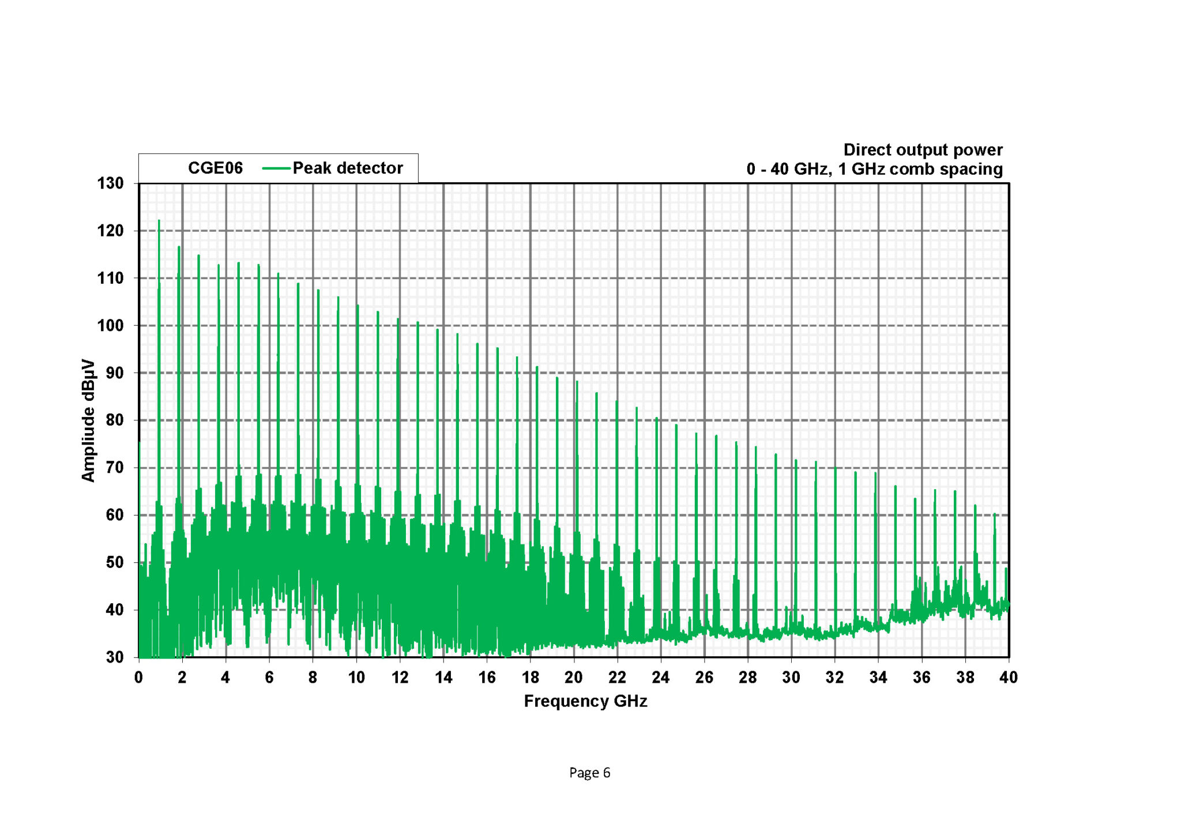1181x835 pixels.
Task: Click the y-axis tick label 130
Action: tap(110, 183)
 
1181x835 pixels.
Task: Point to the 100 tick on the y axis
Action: tap(110, 325)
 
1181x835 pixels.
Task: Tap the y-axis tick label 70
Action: tap(115, 468)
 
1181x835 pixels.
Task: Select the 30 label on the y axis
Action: tap(115, 657)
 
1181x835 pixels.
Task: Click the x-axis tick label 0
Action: tap(138, 678)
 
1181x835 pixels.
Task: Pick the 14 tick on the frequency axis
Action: tap(443, 678)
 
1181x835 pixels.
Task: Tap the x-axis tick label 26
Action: tap(704, 678)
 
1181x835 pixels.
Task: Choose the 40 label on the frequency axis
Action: tap(1009, 678)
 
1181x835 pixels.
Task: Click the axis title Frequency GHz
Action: tap(585, 701)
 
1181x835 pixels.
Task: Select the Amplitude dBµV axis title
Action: tap(88, 420)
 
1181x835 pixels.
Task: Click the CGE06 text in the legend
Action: tap(215, 168)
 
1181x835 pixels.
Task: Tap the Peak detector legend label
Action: tap(348, 168)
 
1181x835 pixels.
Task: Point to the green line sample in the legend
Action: tap(276, 168)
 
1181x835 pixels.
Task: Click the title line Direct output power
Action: tap(923, 150)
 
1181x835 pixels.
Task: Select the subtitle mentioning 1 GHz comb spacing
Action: tap(874, 170)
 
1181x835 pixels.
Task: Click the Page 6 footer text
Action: tap(589, 773)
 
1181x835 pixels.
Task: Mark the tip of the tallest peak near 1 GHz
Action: tap(159, 220)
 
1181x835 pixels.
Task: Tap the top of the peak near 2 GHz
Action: tap(179, 247)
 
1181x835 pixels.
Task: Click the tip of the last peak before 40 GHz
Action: tap(995, 514)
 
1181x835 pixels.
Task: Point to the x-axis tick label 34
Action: tap(878, 678)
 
